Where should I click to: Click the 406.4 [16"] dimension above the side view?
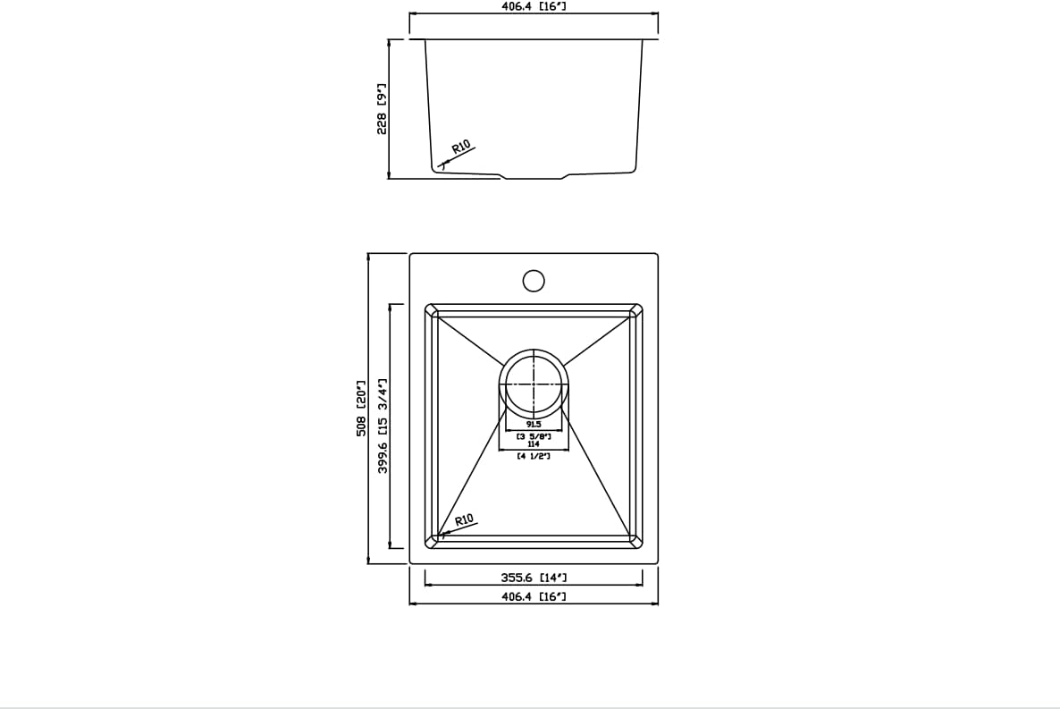click(534, 6)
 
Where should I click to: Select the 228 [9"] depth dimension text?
click(382, 109)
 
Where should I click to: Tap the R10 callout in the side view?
click(461, 148)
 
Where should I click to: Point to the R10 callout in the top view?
click(464, 520)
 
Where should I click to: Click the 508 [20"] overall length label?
click(362, 409)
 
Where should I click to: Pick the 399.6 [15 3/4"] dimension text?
click(383, 426)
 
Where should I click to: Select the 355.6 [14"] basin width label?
click(534, 578)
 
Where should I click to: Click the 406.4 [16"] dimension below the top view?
click(534, 596)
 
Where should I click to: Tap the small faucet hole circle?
click(534, 281)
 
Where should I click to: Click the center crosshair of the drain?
click(534, 384)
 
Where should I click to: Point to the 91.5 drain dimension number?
click(534, 425)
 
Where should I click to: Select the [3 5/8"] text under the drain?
click(534, 435)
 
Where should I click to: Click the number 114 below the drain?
click(534, 444)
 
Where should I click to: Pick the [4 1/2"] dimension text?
click(534, 456)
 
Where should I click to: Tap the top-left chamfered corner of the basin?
click(432, 310)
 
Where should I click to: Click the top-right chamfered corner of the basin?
click(636, 310)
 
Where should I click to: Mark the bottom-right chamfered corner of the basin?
click(636, 541)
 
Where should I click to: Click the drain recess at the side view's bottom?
click(534, 176)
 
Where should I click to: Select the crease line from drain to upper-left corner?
click(469, 341)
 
